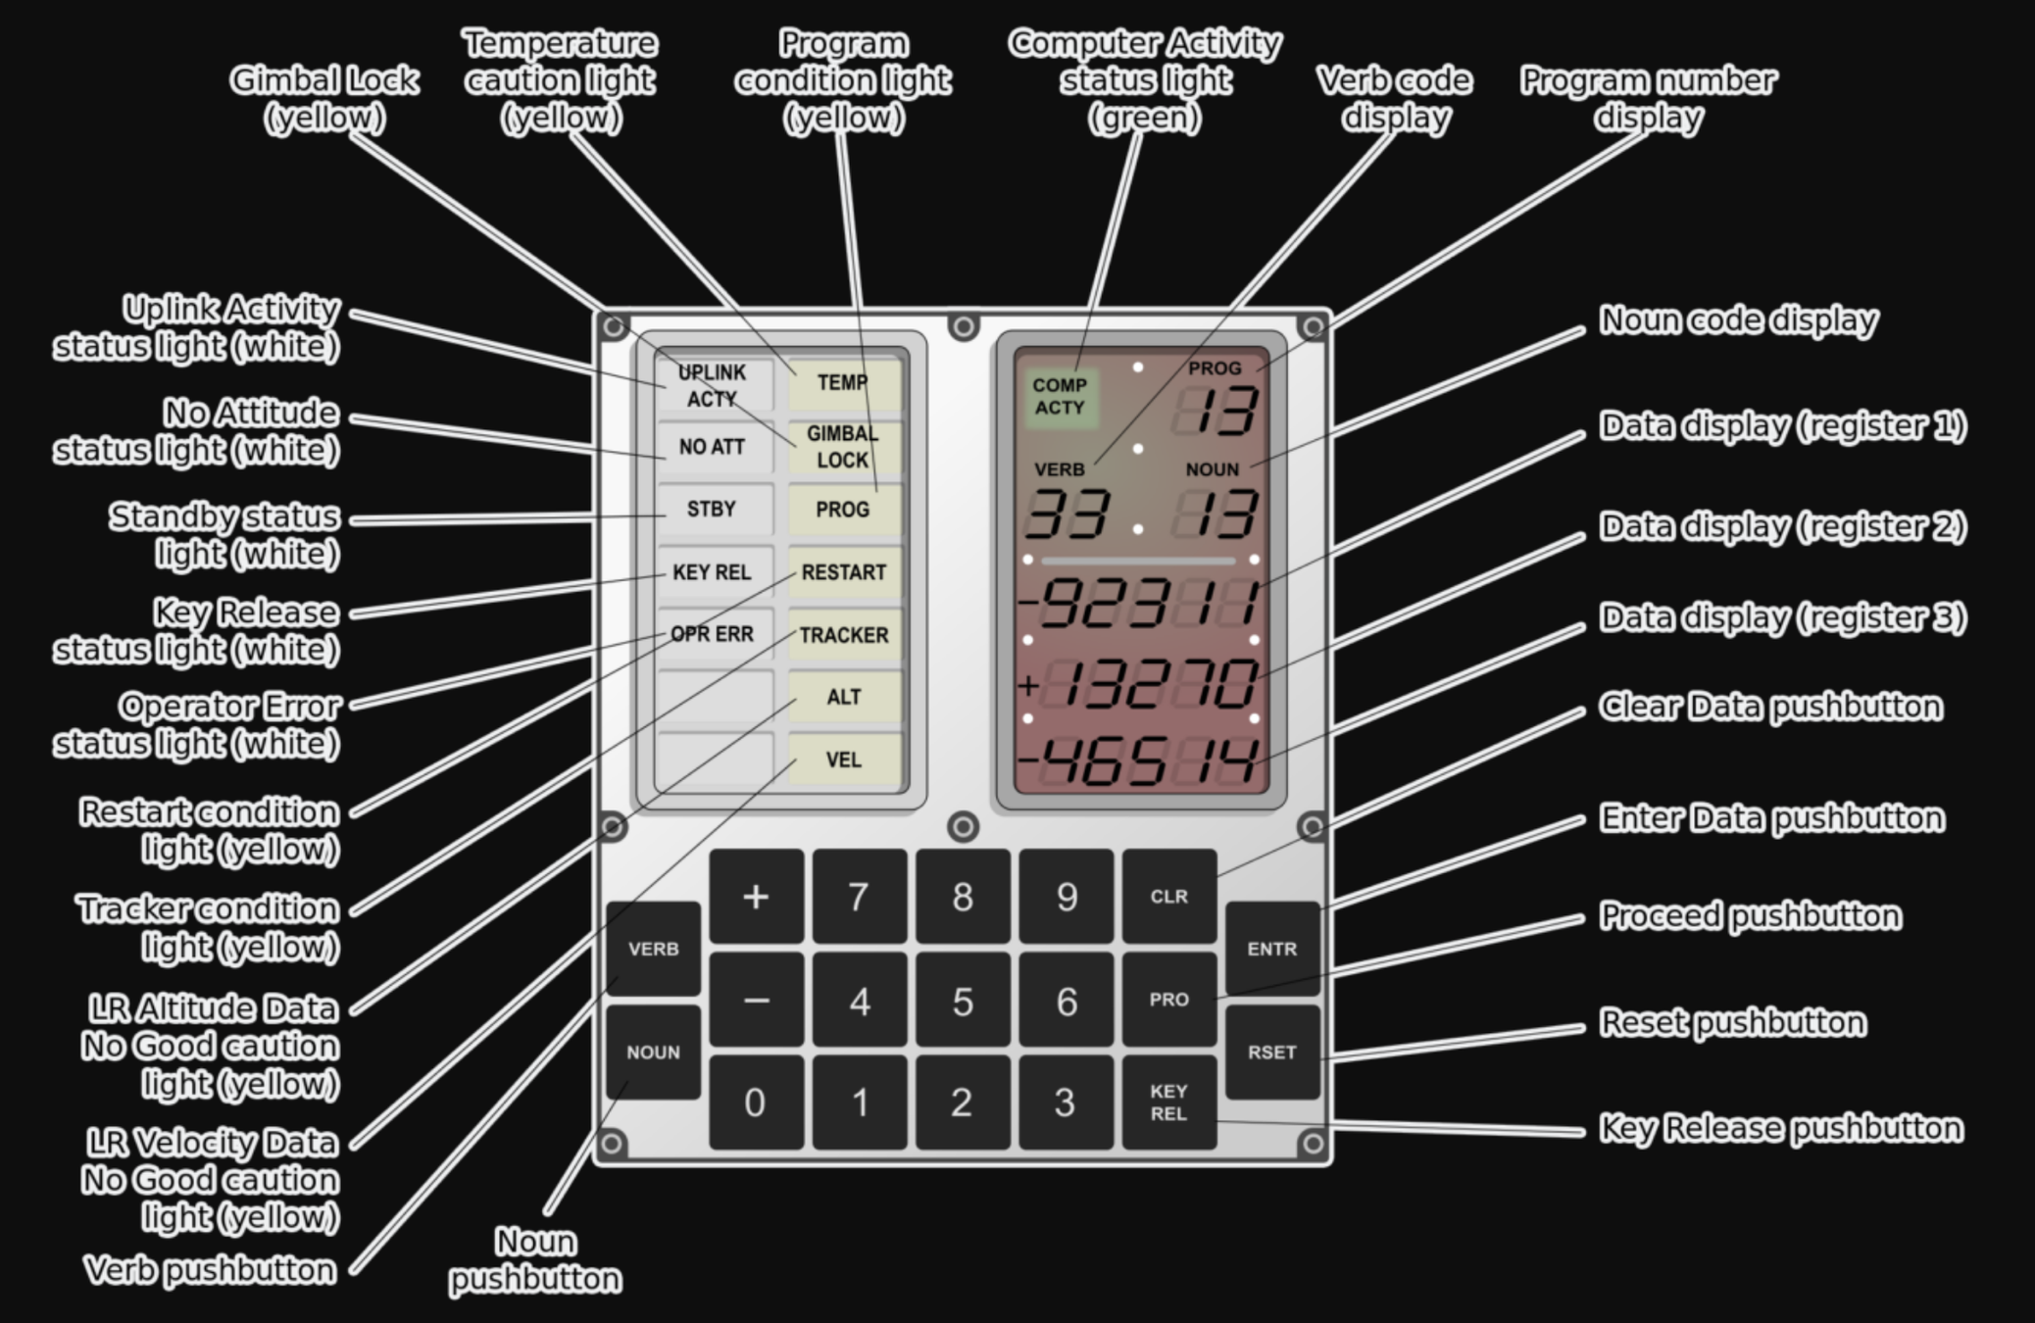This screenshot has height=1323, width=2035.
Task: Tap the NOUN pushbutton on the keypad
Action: pos(653,1052)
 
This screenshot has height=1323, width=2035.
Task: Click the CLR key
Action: pos(1168,896)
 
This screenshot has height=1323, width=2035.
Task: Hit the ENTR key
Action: pos(1271,948)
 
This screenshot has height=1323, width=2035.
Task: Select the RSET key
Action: pos(1271,1052)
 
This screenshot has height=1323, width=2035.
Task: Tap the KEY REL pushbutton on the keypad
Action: pos(1168,1102)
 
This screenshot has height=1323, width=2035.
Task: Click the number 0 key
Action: pos(755,1102)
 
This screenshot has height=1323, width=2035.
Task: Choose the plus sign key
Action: pos(755,896)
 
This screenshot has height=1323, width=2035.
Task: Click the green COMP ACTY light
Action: pos(1060,397)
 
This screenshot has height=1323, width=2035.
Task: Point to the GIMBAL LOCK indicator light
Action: pos(843,446)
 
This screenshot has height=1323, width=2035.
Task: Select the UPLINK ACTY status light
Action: pos(713,385)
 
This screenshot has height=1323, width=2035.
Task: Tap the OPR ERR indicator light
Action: pos(713,634)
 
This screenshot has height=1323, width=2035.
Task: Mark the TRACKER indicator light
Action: pos(843,635)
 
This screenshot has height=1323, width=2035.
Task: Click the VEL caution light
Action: pos(843,759)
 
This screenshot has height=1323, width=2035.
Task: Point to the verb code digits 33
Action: pos(1067,514)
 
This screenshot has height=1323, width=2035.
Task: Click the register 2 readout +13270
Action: pos(1143,684)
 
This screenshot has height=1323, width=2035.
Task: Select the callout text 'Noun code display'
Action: pos(1738,320)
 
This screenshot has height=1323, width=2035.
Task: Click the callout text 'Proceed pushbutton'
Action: pos(1750,915)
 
